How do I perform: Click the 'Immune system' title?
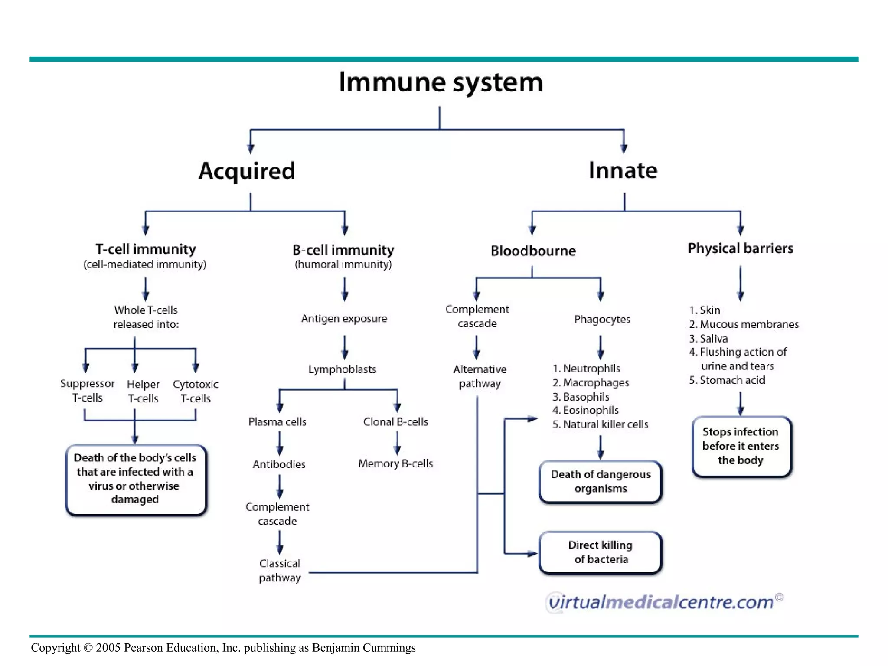[x=440, y=82]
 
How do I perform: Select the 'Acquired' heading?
[x=247, y=171]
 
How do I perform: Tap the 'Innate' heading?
[x=623, y=170]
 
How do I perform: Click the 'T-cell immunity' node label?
[x=146, y=249]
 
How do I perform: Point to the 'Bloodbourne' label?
[x=533, y=251]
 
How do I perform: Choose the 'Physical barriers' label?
[x=740, y=248]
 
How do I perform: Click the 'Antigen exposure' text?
[x=344, y=319]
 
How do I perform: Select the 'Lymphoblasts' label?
[x=342, y=369]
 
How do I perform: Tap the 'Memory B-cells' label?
[x=395, y=464]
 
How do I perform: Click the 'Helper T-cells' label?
[x=143, y=391]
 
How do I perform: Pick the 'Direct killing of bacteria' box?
[x=600, y=552]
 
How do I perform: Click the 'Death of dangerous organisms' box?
[x=600, y=481]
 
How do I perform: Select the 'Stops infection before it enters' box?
[x=741, y=446]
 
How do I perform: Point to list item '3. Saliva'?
[x=708, y=339]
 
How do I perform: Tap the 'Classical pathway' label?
[x=280, y=570]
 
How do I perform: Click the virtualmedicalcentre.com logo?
[x=663, y=602]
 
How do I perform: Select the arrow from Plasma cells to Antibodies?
[x=280, y=443]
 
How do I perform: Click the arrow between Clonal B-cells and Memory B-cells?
[x=397, y=443]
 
